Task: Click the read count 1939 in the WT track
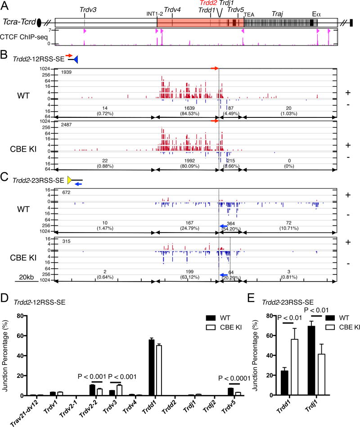click(67, 72)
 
